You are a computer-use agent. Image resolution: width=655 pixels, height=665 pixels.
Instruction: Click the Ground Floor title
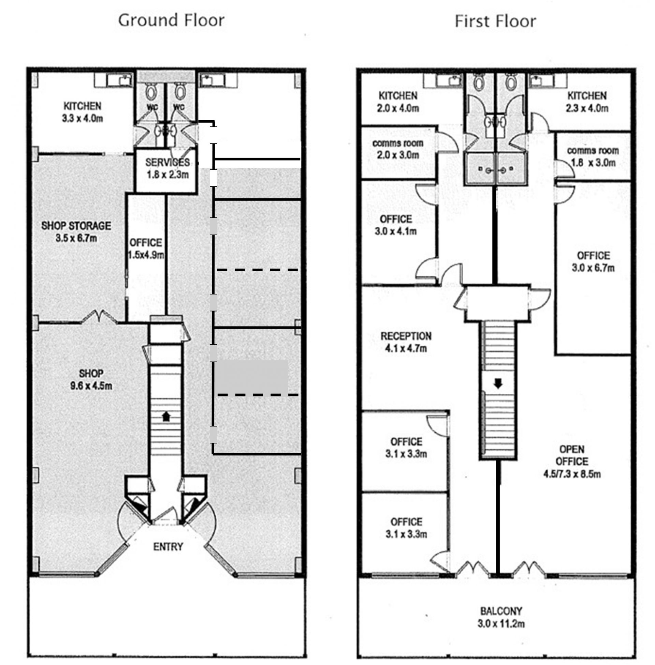pos(171,20)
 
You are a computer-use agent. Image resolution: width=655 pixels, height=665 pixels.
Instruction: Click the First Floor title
pos(495,21)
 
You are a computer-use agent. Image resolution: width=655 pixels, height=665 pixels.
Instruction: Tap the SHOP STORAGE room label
pos(76,226)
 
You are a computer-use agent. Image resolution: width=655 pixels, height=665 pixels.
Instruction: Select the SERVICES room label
pos(167,162)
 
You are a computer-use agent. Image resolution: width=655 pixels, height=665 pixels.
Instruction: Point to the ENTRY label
pos(168,546)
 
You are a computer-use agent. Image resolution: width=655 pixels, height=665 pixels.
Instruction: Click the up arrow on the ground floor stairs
pos(166,417)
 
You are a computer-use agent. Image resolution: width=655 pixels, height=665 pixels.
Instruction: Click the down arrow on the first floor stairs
pos(497,383)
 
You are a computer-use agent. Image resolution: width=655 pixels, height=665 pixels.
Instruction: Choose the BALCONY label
pos(501,611)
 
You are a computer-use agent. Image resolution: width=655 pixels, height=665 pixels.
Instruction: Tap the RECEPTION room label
pos(406,336)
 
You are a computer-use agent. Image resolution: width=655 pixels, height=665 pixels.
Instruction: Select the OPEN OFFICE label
pos(572,455)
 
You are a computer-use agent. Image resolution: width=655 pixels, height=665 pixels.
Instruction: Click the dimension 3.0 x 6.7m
pos(593,268)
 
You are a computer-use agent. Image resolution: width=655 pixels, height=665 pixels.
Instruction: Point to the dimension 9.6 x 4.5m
pos(91,386)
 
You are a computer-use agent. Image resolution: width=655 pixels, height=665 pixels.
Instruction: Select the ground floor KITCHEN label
pos(83,106)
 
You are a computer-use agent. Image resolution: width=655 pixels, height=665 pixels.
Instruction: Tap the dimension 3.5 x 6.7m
pos(76,238)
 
